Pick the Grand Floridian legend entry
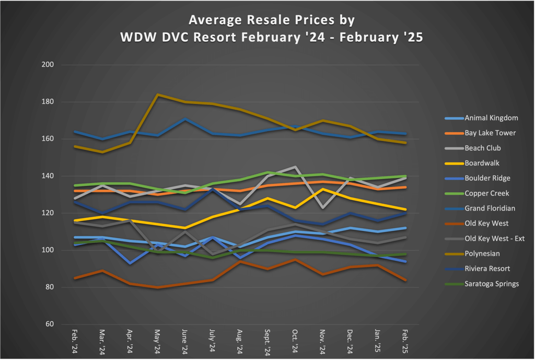490,208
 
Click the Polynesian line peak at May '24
157,95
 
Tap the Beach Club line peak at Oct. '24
296,167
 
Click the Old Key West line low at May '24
157,287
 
